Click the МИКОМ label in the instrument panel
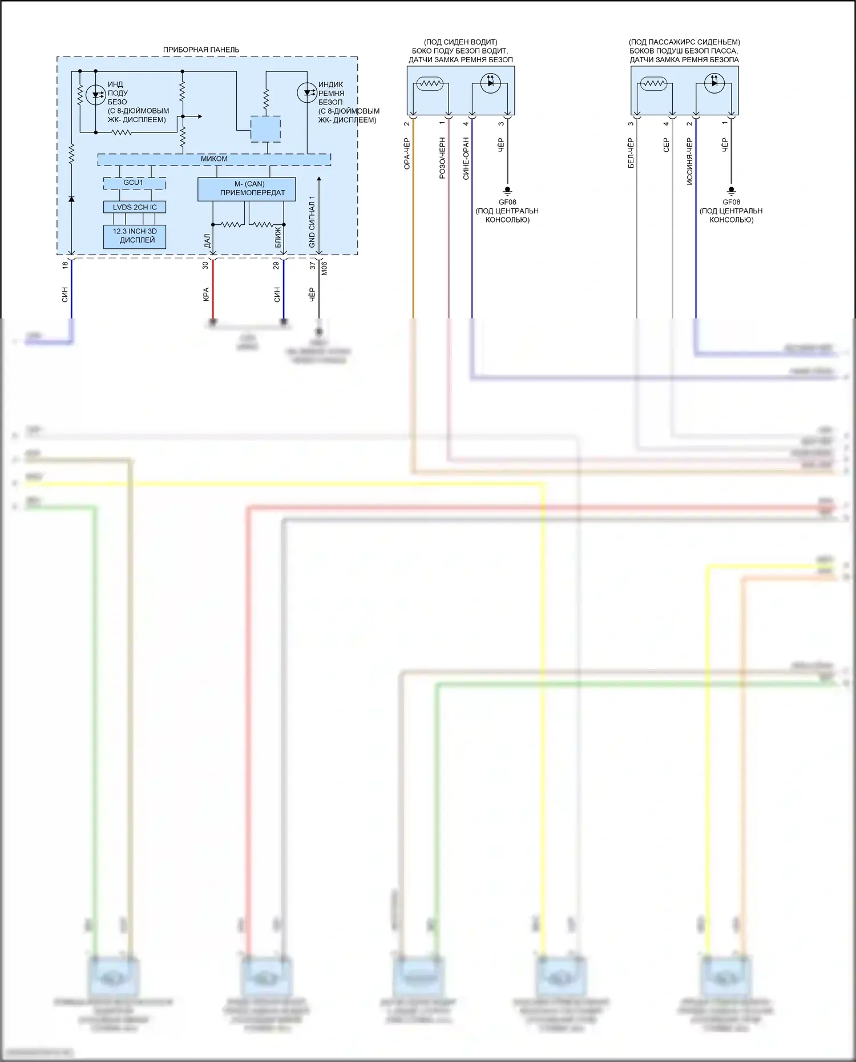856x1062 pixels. click(x=214, y=159)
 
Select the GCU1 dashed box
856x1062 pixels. click(x=134, y=183)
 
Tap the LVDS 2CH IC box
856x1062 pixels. click(x=135, y=207)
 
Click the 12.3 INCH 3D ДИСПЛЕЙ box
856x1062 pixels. click(x=135, y=236)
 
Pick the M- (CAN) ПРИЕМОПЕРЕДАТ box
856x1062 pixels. click(x=247, y=189)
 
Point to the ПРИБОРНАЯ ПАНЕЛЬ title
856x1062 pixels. click(x=201, y=50)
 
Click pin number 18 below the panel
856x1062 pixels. click(x=65, y=265)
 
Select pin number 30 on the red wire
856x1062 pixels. click(x=205, y=265)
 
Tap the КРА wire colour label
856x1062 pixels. click(x=205, y=294)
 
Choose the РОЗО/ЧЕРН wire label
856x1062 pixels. click(x=442, y=158)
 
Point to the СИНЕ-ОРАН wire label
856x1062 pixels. click(x=466, y=158)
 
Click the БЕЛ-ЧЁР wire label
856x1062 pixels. click(x=631, y=153)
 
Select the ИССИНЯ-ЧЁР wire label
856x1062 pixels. click(x=689, y=161)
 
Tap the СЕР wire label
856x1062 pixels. click(x=666, y=146)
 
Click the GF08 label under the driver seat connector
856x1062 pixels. click(x=507, y=202)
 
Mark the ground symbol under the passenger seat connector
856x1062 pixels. click(x=731, y=191)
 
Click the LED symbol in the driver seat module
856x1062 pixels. click(x=490, y=83)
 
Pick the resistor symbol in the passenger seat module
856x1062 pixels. click(x=653, y=84)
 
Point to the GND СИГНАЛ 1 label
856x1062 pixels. click(x=312, y=222)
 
